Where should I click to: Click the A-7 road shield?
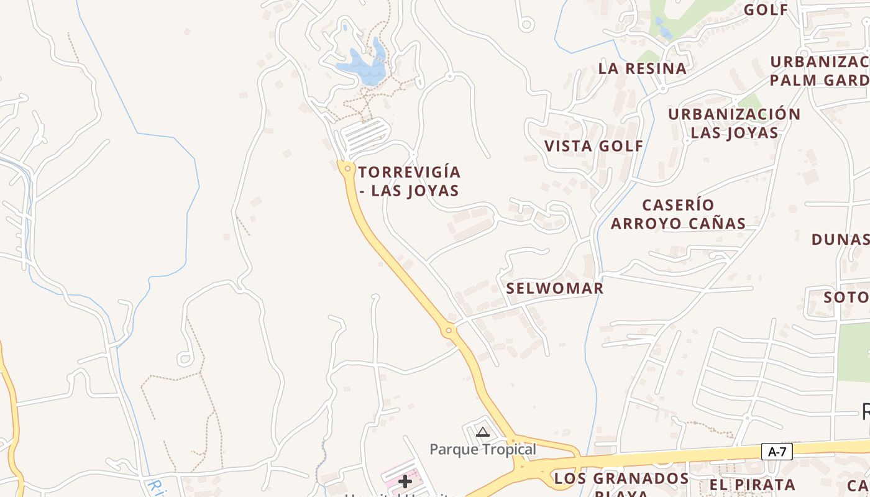click(777, 452)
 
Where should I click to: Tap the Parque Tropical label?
click(483, 449)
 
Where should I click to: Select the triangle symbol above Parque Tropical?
click(483, 432)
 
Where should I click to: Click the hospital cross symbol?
click(405, 481)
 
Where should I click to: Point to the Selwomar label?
click(554, 288)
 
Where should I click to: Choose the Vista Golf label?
click(594, 146)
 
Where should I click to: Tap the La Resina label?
click(643, 68)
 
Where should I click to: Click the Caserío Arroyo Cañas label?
click(678, 214)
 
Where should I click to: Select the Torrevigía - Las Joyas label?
click(410, 181)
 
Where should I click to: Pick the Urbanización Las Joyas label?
click(735, 123)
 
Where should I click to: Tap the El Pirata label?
click(753, 485)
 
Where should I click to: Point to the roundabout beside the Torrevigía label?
click(347, 168)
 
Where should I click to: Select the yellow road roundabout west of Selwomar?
click(449, 331)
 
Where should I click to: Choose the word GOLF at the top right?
click(766, 9)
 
